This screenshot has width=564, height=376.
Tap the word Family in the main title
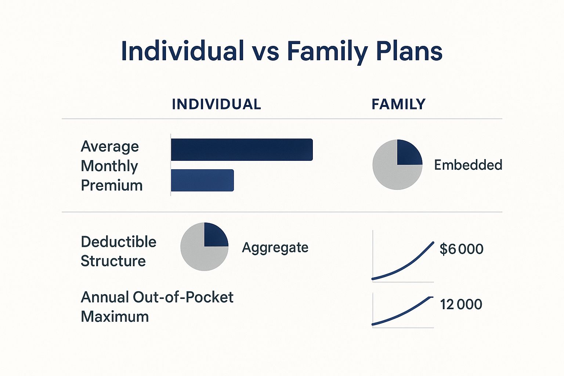[327, 51]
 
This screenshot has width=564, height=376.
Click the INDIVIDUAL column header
[216, 104]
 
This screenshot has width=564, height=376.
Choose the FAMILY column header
[398, 104]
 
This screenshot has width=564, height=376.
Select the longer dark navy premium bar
[242, 149]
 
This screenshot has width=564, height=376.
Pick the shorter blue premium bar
[202, 180]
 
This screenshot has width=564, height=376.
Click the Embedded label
[468, 165]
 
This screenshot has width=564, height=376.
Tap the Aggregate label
[275, 247]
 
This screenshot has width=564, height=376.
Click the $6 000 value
[461, 249]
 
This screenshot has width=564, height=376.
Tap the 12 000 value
[461, 304]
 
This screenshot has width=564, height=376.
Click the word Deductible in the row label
[118, 242]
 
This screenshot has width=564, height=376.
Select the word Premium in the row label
[112, 185]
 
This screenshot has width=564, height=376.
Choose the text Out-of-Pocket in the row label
[183, 297]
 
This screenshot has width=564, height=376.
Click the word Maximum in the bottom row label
[115, 317]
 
